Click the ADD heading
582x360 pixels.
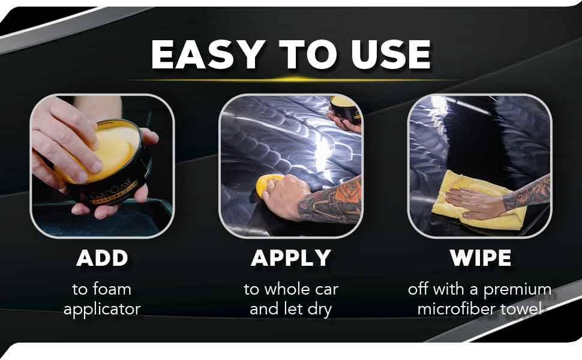[102, 258]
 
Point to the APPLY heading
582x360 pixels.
[291, 258]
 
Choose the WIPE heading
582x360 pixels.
[480, 258]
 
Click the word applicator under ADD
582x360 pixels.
[102, 310]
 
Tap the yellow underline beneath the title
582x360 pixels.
[291, 79]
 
